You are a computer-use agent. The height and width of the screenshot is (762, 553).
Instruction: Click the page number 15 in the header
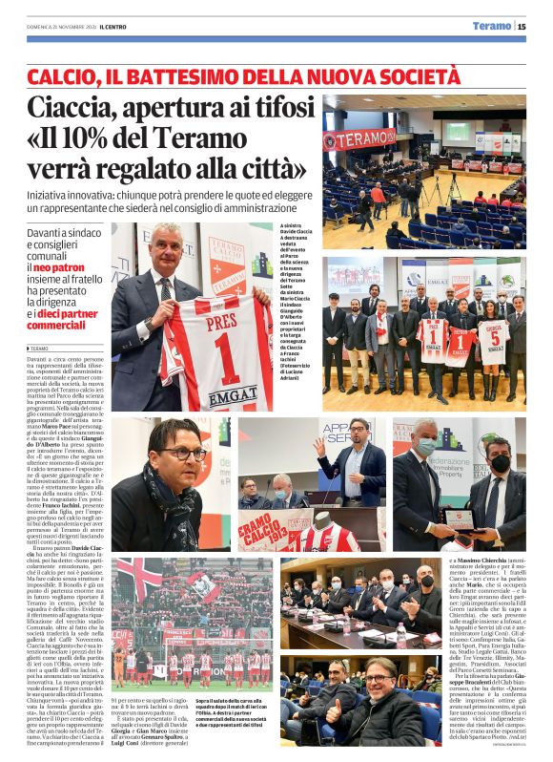[522, 26]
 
